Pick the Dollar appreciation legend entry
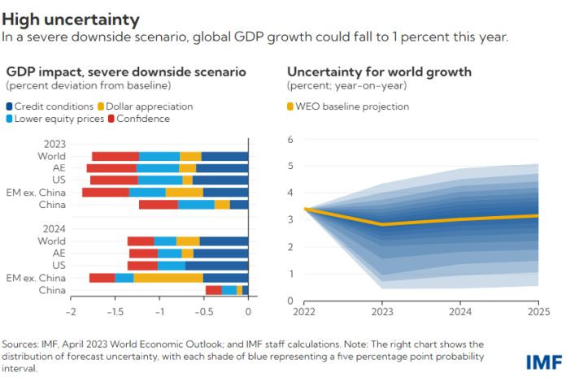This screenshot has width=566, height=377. coord(144,106)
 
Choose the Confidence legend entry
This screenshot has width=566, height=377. coord(138,119)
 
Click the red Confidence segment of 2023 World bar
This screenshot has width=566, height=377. coord(115,156)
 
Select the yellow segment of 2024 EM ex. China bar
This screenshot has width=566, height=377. coord(168,278)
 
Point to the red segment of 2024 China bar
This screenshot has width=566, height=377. coord(214,290)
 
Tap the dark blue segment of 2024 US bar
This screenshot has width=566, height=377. coord(216,266)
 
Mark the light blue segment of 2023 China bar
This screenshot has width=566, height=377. coord(196,205)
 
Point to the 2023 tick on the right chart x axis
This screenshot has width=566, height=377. coord(382,312)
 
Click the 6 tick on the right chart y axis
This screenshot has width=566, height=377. coord(290,140)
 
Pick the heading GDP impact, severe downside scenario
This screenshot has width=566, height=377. coord(125,71)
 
